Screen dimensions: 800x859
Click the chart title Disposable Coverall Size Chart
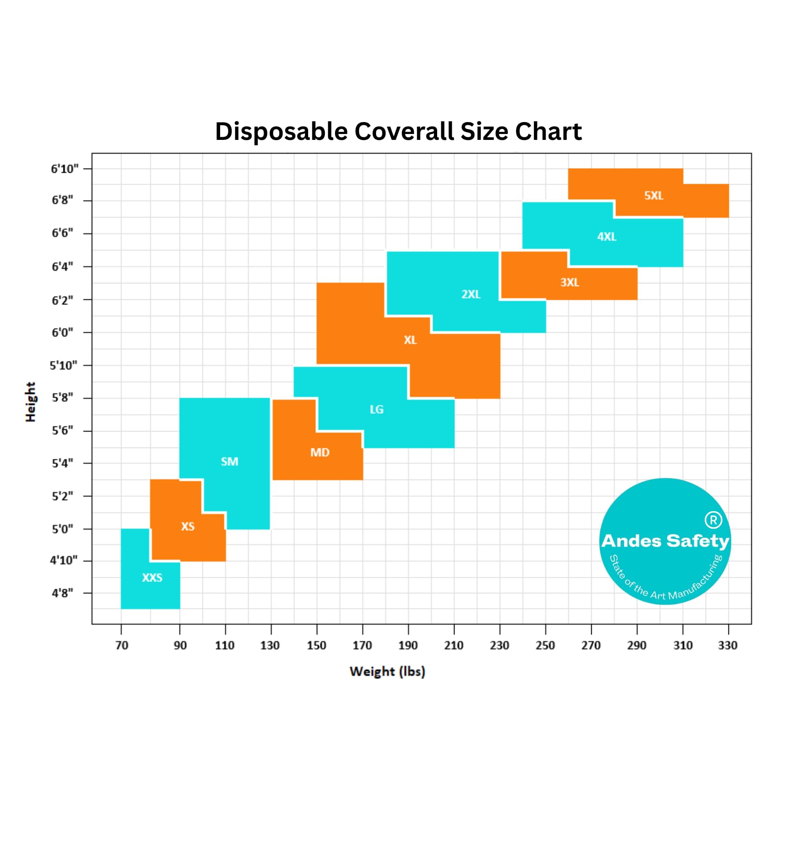pyautogui.click(x=398, y=132)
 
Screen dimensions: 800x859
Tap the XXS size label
pyautogui.click(x=152, y=577)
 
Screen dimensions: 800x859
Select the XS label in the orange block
pyautogui.click(x=188, y=526)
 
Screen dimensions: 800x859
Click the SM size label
pyautogui.click(x=229, y=461)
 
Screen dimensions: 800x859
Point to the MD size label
pyautogui.click(x=320, y=452)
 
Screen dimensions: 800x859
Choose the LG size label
pyautogui.click(x=377, y=409)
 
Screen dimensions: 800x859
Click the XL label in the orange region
pyautogui.click(x=410, y=339)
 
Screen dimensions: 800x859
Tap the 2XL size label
pyautogui.click(x=471, y=294)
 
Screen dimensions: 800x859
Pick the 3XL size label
pyautogui.click(x=570, y=282)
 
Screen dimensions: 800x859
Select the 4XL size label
pyautogui.click(x=607, y=237)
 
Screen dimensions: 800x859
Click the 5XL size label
pyautogui.click(x=654, y=195)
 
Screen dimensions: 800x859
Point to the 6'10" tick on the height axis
pyautogui.click(x=64, y=169)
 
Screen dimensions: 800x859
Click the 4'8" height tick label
pyautogui.click(x=62, y=593)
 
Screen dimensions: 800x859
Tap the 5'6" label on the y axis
pyautogui.click(x=62, y=430)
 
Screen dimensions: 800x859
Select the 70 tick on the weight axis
pyautogui.click(x=122, y=645)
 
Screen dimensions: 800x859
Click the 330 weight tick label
pyautogui.click(x=728, y=645)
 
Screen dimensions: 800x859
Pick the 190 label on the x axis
pyautogui.click(x=408, y=645)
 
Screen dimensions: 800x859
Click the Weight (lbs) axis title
pyautogui.click(x=387, y=672)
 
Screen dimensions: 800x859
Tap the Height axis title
pyautogui.click(x=31, y=402)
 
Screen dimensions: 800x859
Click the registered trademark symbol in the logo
pyautogui.click(x=713, y=520)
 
